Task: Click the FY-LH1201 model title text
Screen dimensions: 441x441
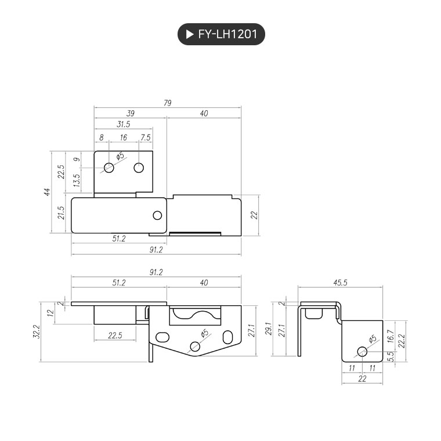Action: click(x=227, y=34)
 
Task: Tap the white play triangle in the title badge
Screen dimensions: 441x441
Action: click(x=190, y=34)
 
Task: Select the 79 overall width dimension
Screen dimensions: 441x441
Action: click(x=167, y=103)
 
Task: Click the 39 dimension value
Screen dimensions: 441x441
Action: click(x=130, y=113)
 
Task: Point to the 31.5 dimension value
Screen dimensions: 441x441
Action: click(x=123, y=124)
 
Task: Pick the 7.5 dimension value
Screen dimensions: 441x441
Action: click(x=146, y=138)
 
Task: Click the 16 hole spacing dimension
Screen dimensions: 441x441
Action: click(x=123, y=138)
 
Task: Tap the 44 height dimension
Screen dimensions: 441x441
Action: click(x=47, y=192)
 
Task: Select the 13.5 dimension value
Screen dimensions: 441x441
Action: click(x=77, y=180)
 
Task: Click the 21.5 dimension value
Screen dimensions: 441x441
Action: click(x=61, y=213)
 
